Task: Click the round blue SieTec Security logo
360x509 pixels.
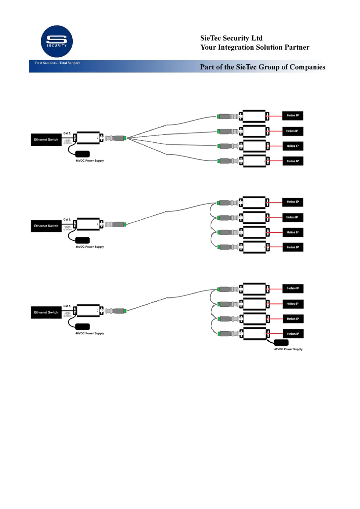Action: click(x=57, y=41)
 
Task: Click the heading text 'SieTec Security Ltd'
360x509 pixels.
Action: click(x=231, y=38)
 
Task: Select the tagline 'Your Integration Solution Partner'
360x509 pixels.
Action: click(x=255, y=47)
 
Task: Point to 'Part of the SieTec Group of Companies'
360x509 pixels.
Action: click(x=262, y=67)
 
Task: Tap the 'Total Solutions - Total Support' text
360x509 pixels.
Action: click(x=57, y=63)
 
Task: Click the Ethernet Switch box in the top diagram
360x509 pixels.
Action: click(x=46, y=140)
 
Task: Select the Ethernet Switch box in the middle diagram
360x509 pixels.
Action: click(x=46, y=226)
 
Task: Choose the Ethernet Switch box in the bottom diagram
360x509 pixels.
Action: click(x=46, y=313)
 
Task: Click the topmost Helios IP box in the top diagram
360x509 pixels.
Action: click(x=293, y=116)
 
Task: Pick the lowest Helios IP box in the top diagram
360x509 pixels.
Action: click(x=293, y=161)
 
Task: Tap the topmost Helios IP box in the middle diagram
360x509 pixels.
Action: click(x=293, y=202)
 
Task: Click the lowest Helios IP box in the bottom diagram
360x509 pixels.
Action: click(x=293, y=334)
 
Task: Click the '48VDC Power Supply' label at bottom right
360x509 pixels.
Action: click(x=288, y=349)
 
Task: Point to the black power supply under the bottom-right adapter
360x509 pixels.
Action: click(x=281, y=343)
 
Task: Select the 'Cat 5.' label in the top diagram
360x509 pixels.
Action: click(x=67, y=133)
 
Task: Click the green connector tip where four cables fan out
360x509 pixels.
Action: click(x=125, y=138)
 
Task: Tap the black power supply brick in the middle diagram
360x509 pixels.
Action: click(x=82, y=240)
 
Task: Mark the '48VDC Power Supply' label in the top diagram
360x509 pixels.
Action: click(x=90, y=161)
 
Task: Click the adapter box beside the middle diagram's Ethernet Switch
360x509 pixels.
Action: click(x=88, y=224)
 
